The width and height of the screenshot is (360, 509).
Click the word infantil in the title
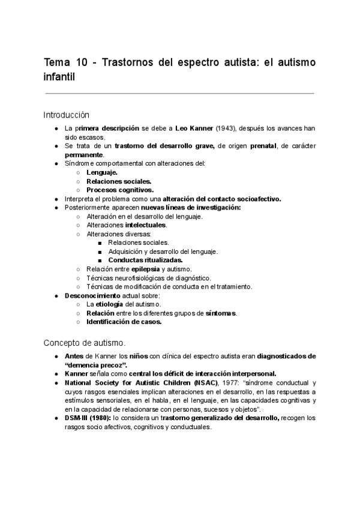(60, 77)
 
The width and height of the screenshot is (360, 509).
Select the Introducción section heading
(66, 114)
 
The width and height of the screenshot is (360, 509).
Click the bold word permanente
(84, 154)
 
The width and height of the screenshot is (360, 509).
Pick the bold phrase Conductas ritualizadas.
(145, 261)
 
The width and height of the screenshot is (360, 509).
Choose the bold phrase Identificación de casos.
(124, 322)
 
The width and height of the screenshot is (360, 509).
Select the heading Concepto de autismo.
(85, 343)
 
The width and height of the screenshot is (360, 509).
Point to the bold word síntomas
(221, 313)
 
